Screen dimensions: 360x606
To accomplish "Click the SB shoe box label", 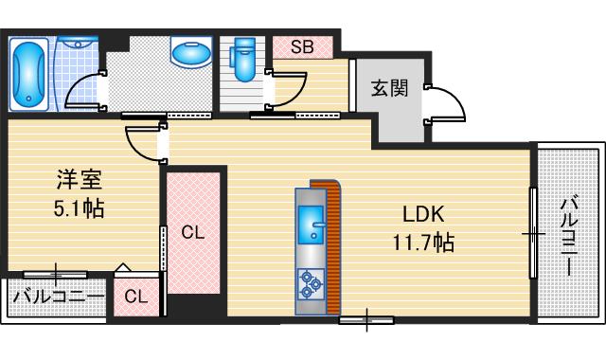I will (x=303, y=45).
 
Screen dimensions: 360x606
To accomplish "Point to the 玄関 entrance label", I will (x=389, y=90).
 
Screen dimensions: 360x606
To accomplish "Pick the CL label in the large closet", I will (x=193, y=230).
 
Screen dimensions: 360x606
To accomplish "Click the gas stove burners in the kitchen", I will (x=311, y=282).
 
